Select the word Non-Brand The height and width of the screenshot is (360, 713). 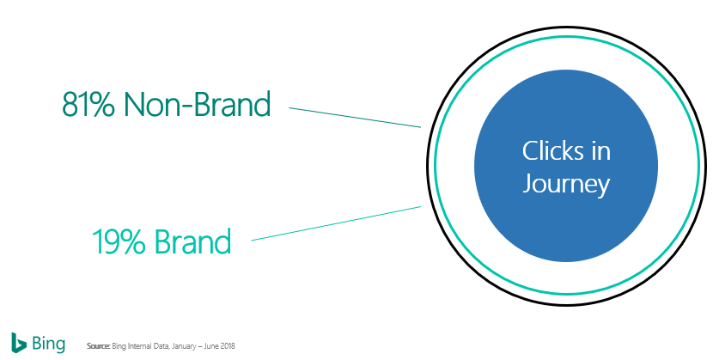(197, 104)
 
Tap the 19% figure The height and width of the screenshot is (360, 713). (119, 241)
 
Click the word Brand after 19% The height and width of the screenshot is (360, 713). (193, 241)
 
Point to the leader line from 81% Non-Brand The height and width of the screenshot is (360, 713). (354, 118)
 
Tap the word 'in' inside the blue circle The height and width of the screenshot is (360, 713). (599, 151)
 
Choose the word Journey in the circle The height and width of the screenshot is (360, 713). (566, 184)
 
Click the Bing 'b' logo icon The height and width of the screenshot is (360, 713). (18, 341)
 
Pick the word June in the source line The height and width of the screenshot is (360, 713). (213, 346)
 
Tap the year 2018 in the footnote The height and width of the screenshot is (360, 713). (229, 346)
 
